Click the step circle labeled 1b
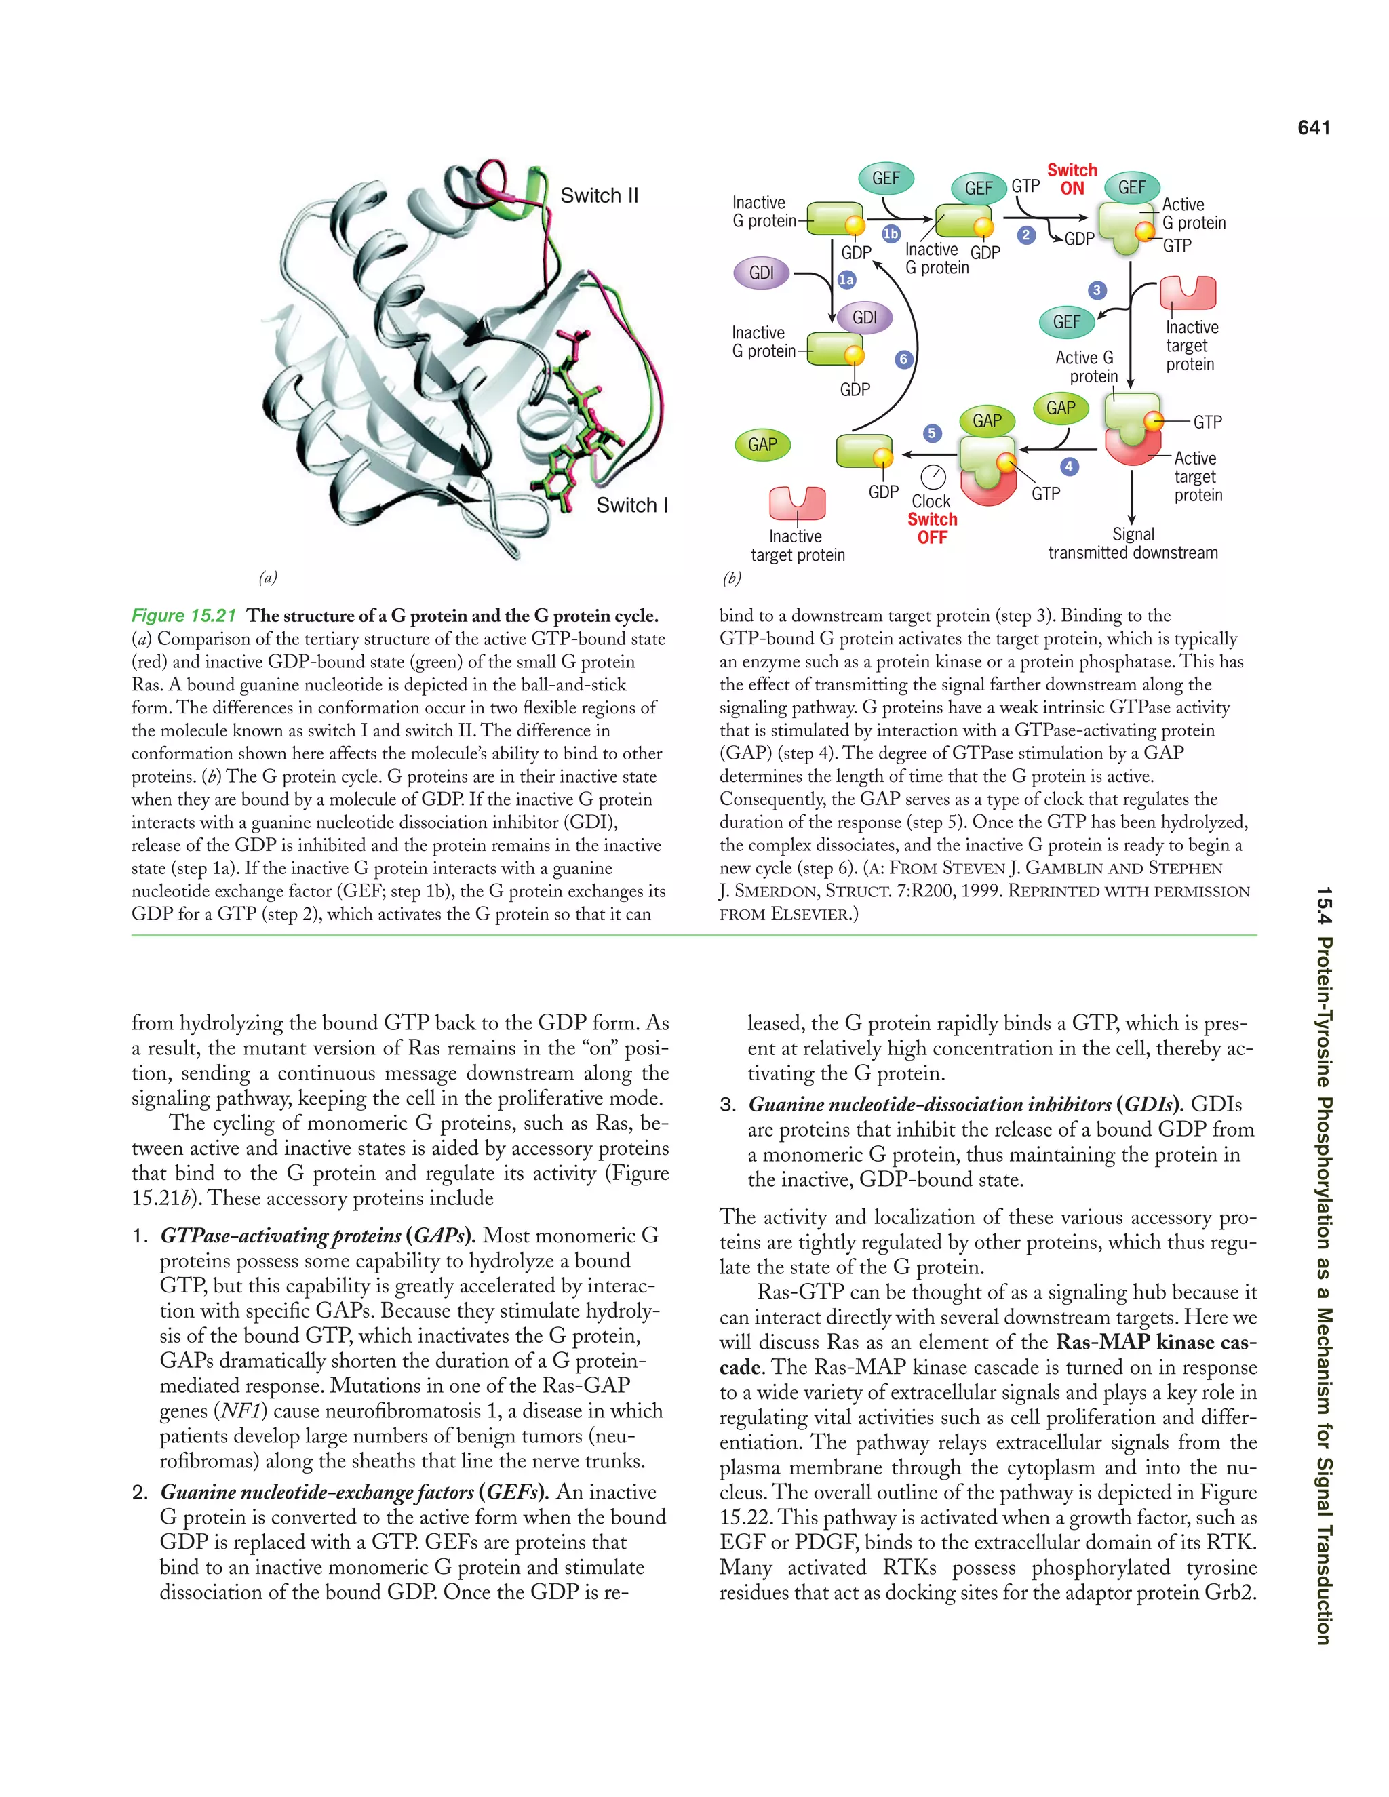point(891,234)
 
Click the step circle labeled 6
point(903,359)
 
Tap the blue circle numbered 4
point(1068,467)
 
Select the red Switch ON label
point(1072,180)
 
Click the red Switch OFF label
point(933,528)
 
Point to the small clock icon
point(933,477)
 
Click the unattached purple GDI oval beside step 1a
point(761,273)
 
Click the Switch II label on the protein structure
point(599,196)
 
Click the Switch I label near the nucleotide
point(631,505)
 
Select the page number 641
point(1313,127)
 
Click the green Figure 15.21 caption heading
point(184,616)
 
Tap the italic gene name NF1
point(240,1411)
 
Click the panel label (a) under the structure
point(267,578)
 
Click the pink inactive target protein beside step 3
point(1187,293)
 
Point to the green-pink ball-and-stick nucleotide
point(583,420)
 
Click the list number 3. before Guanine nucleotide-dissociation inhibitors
point(728,1105)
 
